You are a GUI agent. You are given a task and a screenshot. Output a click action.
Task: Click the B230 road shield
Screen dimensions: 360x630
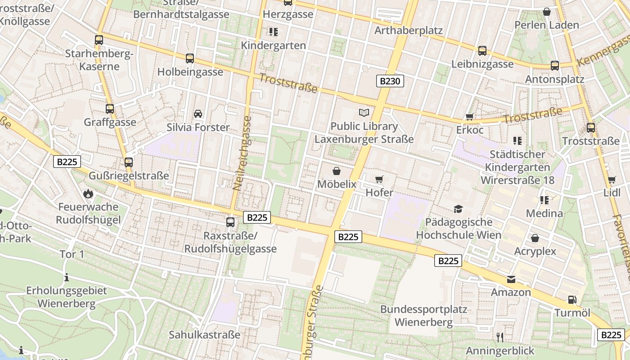click(390, 81)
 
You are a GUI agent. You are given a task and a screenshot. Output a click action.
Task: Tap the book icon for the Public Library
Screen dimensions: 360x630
click(364, 112)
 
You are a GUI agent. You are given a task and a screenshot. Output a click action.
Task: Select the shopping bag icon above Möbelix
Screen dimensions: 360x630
click(336, 171)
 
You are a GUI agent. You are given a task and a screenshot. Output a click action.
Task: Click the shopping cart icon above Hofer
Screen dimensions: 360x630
click(379, 180)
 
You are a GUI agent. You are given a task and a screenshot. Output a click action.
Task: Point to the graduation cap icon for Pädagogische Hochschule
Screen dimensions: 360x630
click(458, 209)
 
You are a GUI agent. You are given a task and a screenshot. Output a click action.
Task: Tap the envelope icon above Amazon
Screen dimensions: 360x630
click(511, 279)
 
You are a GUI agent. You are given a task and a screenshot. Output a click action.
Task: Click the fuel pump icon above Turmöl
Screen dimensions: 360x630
click(572, 299)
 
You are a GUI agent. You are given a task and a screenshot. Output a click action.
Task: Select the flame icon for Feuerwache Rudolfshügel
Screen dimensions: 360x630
click(88, 194)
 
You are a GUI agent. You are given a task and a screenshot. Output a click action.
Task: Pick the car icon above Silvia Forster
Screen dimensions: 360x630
click(198, 114)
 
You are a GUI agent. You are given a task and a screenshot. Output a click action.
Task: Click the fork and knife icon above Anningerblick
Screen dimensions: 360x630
click(499, 337)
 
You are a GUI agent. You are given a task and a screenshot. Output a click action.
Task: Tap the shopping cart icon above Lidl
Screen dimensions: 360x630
click(612, 180)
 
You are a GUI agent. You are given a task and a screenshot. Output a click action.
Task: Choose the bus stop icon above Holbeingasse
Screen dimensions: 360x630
click(190, 58)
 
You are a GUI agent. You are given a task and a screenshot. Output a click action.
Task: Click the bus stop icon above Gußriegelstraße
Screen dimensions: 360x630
click(129, 162)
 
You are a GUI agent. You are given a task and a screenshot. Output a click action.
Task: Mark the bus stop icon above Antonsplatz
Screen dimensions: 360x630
click(555, 66)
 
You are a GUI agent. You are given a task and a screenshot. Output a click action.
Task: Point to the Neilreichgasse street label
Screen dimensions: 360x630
click(242, 153)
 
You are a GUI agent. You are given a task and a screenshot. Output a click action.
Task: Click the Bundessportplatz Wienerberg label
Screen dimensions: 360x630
click(423, 316)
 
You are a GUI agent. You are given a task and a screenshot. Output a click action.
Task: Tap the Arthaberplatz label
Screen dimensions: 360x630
click(409, 31)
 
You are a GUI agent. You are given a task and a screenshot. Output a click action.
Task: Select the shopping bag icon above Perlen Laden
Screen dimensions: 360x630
click(547, 12)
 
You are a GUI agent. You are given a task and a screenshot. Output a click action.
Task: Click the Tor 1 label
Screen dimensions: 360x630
click(72, 254)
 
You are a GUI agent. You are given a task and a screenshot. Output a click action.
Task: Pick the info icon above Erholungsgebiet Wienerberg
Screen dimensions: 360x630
click(67, 277)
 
